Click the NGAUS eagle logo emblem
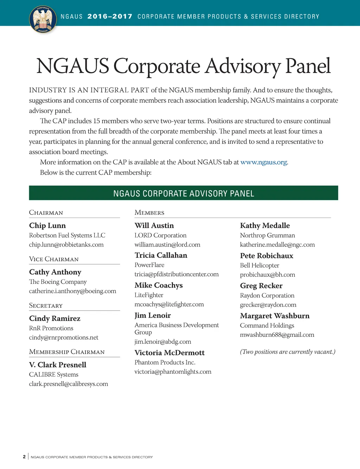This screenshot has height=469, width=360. [x=43, y=20]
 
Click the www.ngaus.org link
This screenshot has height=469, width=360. [x=264, y=162]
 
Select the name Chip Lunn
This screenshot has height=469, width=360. [x=47, y=226]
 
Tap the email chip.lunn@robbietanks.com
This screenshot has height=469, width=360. [x=66, y=245]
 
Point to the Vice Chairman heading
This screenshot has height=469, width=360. [x=54, y=259]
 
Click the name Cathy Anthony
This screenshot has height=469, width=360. [x=55, y=272]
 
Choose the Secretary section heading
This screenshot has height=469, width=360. [x=46, y=306]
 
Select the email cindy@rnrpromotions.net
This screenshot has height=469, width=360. [x=64, y=338]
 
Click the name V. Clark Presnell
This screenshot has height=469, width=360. [x=58, y=365]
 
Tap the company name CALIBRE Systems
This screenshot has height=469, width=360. [x=53, y=374]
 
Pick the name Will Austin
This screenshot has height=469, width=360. [x=154, y=226]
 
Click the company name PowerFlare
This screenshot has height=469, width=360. [x=149, y=265]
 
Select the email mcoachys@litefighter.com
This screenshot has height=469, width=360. [x=169, y=304]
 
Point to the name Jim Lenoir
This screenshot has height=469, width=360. [x=153, y=315]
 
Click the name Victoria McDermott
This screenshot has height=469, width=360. [x=169, y=353]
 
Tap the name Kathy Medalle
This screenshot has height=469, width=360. [x=265, y=226]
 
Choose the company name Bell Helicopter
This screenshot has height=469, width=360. [x=259, y=265]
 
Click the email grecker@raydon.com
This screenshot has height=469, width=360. [x=268, y=305]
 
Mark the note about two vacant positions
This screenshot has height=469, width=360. [x=288, y=352]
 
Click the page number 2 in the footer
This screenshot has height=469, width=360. [x=24, y=457]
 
